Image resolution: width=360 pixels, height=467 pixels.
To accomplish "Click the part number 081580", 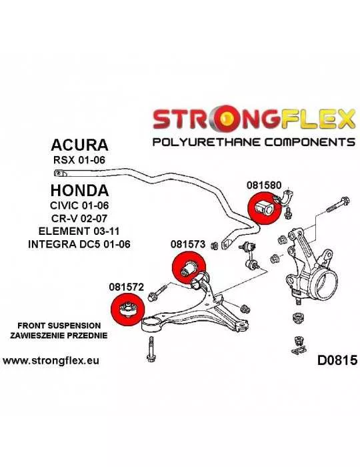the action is tap(263, 185).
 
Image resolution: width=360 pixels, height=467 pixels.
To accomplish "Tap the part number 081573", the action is tap(188, 244).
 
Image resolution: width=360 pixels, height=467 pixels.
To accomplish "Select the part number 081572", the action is tap(126, 287).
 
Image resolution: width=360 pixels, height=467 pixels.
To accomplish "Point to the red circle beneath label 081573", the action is tap(189, 268).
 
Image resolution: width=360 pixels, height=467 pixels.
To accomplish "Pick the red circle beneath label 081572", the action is tap(127, 310).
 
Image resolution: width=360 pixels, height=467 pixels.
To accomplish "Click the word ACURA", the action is tap(79, 145).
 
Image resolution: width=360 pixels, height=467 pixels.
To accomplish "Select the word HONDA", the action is tap(79, 190).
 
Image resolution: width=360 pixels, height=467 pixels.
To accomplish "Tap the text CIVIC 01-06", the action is tap(79, 205).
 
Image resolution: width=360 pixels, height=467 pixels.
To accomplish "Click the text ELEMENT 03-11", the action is tap(79, 231).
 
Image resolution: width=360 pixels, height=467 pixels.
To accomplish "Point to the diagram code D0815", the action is tap(337, 360).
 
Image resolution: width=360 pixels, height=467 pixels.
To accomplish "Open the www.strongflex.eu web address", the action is tap(51, 361).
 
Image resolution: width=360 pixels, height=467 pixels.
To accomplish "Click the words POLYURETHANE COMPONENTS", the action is tap(254, 141).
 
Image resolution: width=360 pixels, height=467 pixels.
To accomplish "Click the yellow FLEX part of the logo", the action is tap(317, 119).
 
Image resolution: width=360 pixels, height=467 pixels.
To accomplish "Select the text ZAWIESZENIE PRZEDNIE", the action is tap(59, 336).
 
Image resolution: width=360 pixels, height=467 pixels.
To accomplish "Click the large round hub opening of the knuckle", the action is tap(327, 284).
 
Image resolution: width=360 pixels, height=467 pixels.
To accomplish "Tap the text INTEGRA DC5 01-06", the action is tap(79, 244).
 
